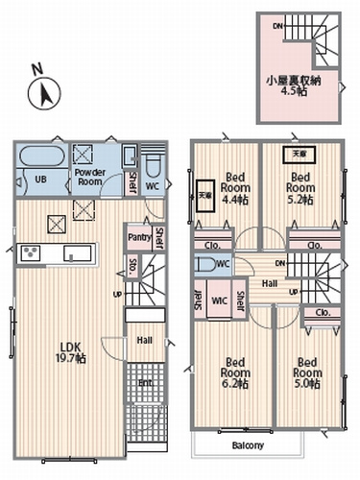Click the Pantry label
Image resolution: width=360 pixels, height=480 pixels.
coord(136,236)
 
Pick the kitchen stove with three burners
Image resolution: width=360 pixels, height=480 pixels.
coord(30,253)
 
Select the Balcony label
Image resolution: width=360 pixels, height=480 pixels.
coord(247,445)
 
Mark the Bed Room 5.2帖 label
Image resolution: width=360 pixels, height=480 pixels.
coord(301,189)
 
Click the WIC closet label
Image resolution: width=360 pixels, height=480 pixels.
coord(218,300)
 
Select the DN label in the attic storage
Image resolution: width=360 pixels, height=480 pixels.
coord(278,27)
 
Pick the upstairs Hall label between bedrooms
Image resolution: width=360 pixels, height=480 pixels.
coord(271,283)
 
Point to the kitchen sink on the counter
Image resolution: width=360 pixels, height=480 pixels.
coord(77,253)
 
